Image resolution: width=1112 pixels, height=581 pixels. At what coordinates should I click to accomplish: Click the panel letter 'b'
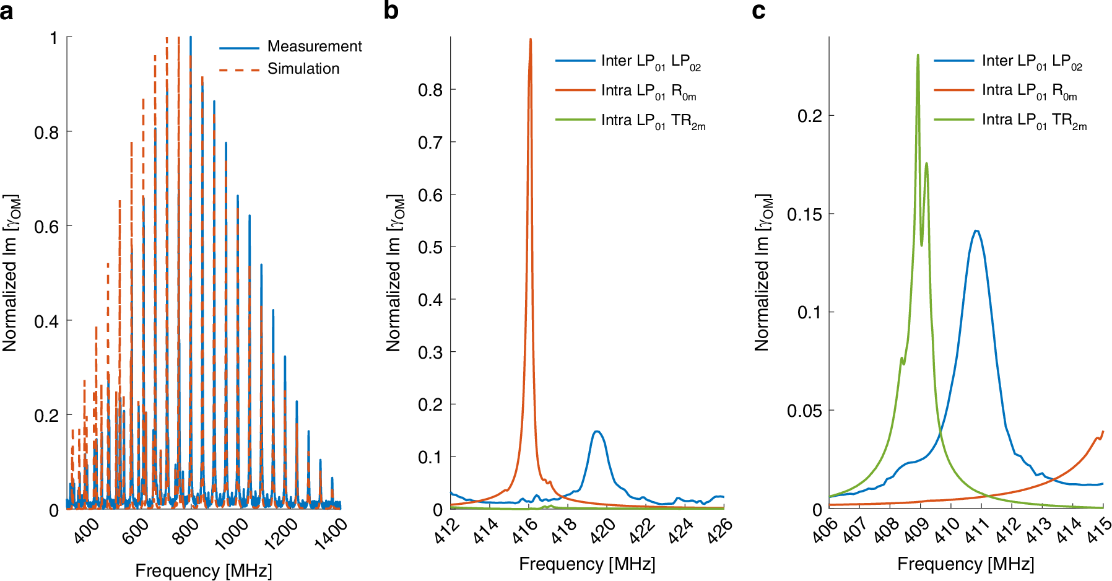[x=391, y=11]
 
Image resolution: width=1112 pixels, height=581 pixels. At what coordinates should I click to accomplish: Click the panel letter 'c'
[x=758, y=11]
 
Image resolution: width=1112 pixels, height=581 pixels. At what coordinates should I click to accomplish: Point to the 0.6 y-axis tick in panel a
[x=46, y=227]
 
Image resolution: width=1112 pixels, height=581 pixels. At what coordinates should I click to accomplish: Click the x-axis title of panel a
[x=203, y=570]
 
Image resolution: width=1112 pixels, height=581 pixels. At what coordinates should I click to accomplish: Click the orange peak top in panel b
[x=530, y=40]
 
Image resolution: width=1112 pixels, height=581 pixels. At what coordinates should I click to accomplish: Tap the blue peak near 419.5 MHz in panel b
[x=597, y=432]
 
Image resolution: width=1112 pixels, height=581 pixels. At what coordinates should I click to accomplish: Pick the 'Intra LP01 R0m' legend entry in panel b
[x=648, y=91]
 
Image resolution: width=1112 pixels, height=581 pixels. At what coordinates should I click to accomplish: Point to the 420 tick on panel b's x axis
[x=602, y=531]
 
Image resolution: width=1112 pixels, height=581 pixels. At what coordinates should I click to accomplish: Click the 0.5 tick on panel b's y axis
[x=430, y=247]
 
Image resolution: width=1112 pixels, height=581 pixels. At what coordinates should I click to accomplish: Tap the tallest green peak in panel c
[x=918, y=55]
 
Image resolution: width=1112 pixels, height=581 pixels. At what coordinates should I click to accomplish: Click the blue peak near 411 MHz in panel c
[x=976, y=231]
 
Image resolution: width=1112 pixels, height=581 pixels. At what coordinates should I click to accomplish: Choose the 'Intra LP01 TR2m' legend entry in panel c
[x=1033, y=120]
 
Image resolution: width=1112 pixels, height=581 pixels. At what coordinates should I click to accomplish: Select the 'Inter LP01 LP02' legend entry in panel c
[x=1032, y=61]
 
